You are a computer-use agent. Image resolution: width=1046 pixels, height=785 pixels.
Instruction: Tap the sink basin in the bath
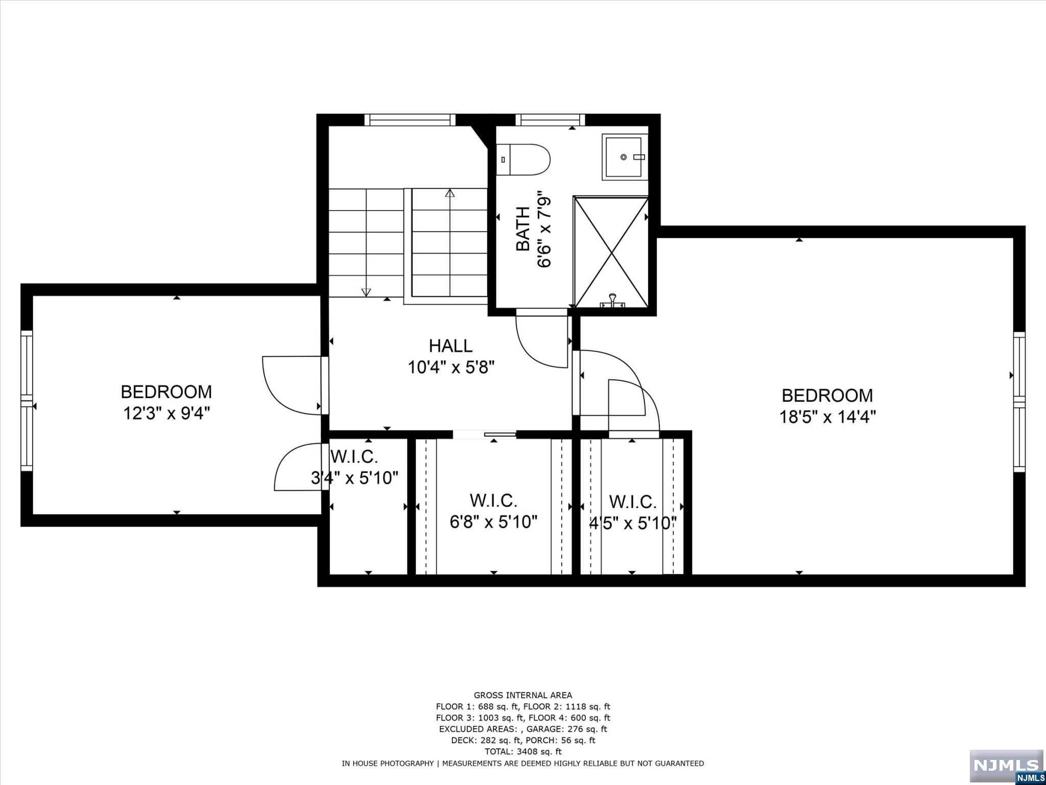coord(625,157)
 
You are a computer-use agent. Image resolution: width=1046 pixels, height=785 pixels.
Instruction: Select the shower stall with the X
coord(611,252)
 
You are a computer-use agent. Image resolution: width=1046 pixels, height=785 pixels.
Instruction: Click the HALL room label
coord(450,345)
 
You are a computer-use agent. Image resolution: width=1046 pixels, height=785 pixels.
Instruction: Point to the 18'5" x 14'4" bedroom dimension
coord(827,417)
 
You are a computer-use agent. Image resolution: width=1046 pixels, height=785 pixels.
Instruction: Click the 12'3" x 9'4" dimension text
coord(167,413)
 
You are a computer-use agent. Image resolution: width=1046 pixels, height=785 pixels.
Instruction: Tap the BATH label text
coord(523,229)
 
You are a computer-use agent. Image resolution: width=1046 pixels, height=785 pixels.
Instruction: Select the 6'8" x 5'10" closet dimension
coord(493,522)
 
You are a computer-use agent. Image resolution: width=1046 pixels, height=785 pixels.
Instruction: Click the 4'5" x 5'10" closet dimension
coord(633,523)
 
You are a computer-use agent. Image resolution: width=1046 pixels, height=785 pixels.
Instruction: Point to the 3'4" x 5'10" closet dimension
coord(355,478)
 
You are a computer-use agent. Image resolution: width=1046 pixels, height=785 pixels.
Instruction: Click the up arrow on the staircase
coord(450,193)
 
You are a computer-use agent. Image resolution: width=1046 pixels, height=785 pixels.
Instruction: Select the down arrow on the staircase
coord(366,292)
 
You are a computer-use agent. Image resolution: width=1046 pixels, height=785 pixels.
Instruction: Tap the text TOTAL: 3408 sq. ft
coord(523,751)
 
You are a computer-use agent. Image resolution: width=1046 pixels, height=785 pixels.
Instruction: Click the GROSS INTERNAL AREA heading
coord(523,695)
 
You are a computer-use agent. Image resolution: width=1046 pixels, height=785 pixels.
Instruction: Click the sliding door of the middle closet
coord(485,435)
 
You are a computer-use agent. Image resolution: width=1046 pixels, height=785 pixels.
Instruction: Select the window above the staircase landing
coord(410,120)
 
